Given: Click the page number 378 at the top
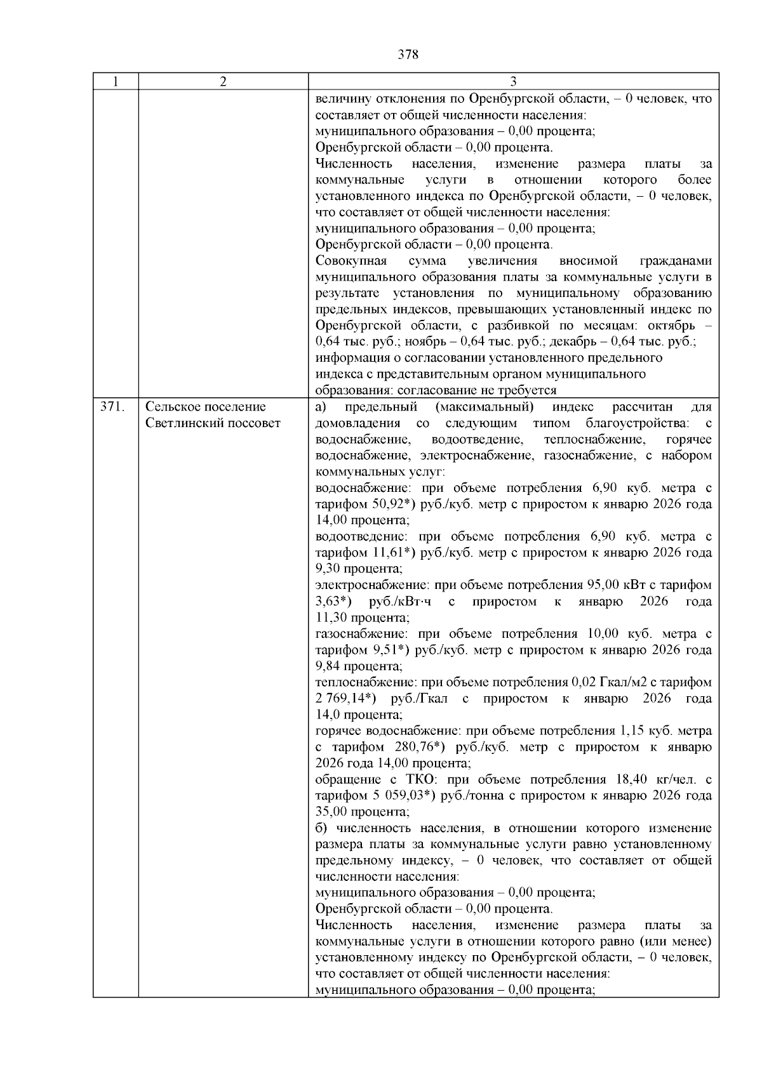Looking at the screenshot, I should (x=408, y=55).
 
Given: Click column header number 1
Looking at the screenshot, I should (x=115, y=82).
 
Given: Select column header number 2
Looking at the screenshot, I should (x=223, y=82).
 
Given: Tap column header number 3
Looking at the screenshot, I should (x=513, y=82).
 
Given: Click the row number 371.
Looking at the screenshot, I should (x=111, y=407).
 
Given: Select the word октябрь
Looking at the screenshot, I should (x=669, y=326).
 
